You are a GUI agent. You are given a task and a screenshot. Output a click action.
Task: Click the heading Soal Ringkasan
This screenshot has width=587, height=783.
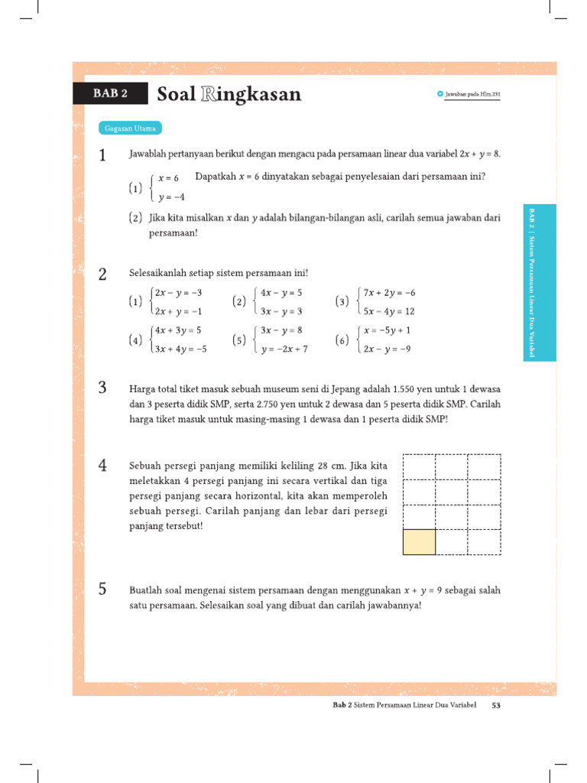point(229,94)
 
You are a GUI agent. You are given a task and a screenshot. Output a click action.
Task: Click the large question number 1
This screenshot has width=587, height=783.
point(102,156)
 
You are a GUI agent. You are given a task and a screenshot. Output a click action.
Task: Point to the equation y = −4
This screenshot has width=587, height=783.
point(172,197)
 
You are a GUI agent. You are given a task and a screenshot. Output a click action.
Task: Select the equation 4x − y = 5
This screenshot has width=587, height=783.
point(281,292)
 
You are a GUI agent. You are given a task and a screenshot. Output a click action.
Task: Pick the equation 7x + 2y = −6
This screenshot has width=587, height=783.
point(389,292)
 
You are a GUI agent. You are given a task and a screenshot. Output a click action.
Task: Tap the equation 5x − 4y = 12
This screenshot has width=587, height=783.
point(389,311)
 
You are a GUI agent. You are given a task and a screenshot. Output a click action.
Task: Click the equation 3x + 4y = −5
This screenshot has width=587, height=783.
point(181,349)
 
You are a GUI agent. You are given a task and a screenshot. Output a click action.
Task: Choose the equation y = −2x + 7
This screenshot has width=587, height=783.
point(284,349)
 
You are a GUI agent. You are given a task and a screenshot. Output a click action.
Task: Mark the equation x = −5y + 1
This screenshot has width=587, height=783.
point(388,330)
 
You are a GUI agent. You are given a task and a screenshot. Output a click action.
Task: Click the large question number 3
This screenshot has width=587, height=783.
point(102,387)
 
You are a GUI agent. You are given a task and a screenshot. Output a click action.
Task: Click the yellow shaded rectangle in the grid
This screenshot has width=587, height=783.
point(419,541)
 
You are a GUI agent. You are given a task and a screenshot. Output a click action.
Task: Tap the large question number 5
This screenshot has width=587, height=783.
point(102,589)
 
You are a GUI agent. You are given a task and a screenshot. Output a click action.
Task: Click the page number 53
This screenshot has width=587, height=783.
point(495,706)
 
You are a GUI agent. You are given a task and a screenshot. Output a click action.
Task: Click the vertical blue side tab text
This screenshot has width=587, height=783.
point(540,283)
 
